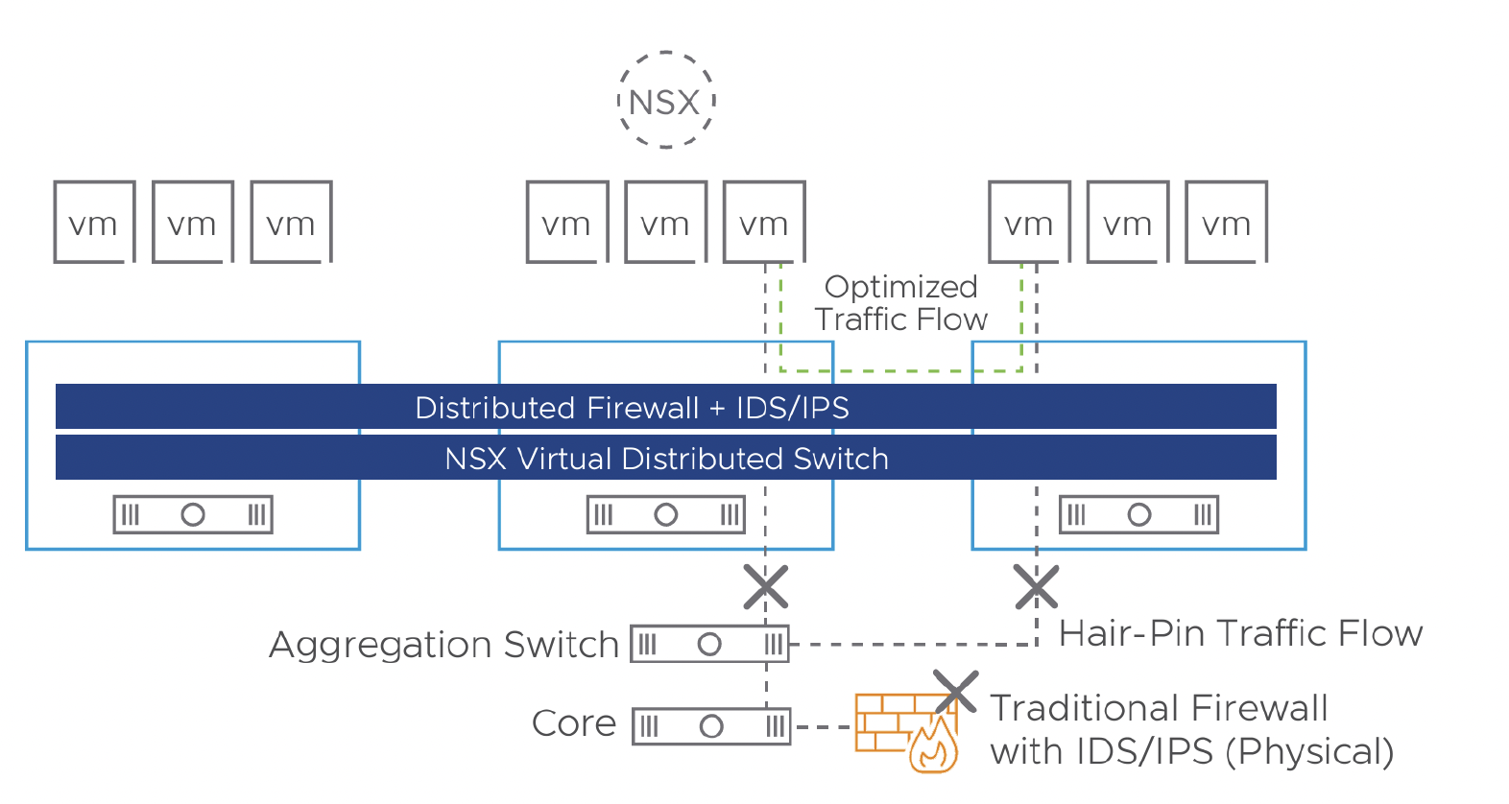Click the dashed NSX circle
(665, 101)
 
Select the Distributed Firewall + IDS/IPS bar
(665, 407)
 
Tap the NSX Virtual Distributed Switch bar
(665, 458)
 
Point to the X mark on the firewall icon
(955, 692)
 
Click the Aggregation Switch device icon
(709, 644)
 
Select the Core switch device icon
(711, 726)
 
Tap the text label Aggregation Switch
(443, 645)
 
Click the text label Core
(574, 723)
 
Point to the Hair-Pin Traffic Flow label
(1240, 633)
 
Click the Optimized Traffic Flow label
(900, 303)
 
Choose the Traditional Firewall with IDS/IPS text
(1190, 729)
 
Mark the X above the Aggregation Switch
(766, 587)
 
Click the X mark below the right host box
(1037, 587)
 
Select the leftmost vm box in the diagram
(94, 222)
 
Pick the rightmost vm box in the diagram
(1226, 222)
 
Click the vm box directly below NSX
(665, 222)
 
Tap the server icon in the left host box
(193, 514)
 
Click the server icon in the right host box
(1138, 514)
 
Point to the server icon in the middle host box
(665, 514)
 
